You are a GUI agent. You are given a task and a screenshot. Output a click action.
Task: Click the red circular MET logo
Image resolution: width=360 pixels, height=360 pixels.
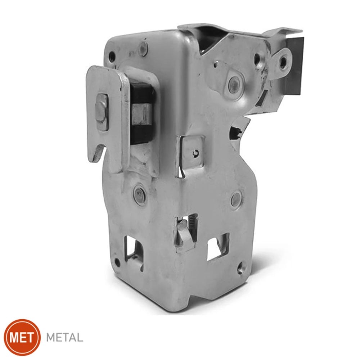pyautogui.click(x=22, y=337)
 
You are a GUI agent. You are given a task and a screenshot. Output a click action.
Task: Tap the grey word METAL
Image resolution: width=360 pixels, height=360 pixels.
pyautogui.click(x=64, y=338)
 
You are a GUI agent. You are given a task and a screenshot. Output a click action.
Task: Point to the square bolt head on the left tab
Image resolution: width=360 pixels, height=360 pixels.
pyautogui.click(x=102, y=112)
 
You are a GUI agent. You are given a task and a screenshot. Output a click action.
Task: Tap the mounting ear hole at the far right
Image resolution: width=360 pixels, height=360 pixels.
pyautogui.click(x=283, y=61)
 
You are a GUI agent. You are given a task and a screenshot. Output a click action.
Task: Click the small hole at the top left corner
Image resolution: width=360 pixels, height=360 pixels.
pyautogui.click(x=112, y=55)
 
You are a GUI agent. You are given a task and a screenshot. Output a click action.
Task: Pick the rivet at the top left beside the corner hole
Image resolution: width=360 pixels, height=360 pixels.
pyautogui.click(x=144, y=49)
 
